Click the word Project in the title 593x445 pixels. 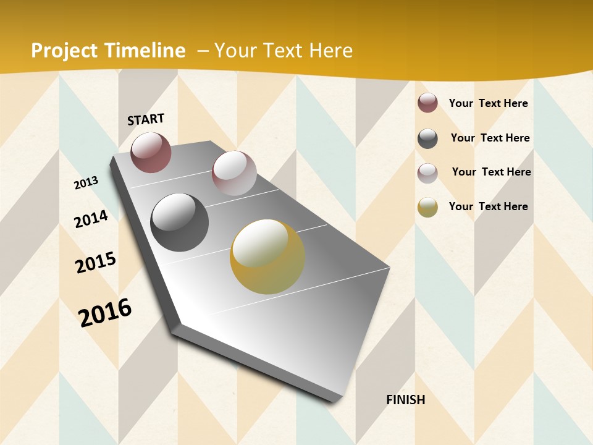click(x=64, y=51)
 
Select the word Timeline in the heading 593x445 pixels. click(x=145, y=51)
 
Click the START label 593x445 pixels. click(x=146, y=119)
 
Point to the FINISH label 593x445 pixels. click(x=406, y=400)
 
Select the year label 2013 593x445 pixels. click(x=86, y=182)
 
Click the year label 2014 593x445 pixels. click(x=91, y=219)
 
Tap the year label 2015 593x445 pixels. click(x=96, y=263)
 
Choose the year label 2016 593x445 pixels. click(x=105, y=313)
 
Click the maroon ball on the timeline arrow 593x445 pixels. click(x=151, y=152)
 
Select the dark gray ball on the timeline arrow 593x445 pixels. click(x=180, y=222)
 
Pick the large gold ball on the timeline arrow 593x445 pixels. click(x=267, y=256)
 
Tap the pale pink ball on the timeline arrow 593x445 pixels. click(x=234, y=172)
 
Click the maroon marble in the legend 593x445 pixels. click(x=427, y=103)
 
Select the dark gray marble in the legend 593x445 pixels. click(x=427, y=138)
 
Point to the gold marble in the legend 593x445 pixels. click(x=427, y=207)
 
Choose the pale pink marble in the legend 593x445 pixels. click(x=427, y=173)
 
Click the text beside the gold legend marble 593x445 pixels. click(x=488, y=206)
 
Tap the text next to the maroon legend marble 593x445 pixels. click(x=488, y=103)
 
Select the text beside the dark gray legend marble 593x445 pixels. click(x=490, y=138)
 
